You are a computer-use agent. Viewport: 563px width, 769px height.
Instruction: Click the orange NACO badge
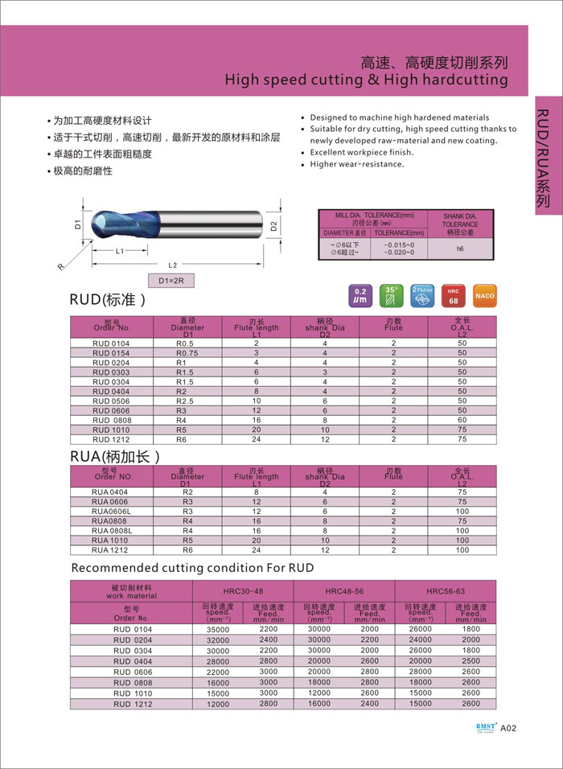pos(485,295)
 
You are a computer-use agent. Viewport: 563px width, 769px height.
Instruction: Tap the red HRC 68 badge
pos(453,295)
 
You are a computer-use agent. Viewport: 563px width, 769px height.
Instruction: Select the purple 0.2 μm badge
pos(360,295)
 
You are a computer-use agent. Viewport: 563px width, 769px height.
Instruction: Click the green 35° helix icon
pos(392,295)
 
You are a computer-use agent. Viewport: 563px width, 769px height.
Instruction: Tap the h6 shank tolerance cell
pos(460,249)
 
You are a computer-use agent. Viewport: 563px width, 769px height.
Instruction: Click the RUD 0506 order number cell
pos(111,401)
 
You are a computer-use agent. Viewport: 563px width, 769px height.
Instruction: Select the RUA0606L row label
pos(110,511)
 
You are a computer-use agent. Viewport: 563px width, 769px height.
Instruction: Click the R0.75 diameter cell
pos(187,352)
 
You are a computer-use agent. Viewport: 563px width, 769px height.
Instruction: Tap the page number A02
pos(508,730)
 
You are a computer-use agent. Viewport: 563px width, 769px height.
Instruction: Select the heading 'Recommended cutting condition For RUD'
pos(192,568)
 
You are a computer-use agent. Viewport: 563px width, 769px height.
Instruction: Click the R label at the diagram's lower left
pos(60,267)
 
